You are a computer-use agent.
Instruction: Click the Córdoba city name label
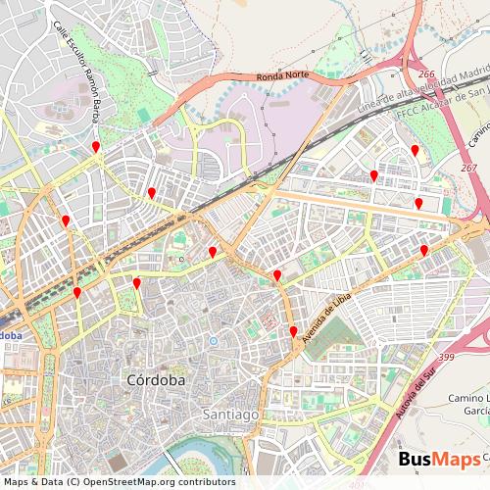(155, 379)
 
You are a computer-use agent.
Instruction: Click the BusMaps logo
(439, 461)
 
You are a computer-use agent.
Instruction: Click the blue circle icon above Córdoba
(213, 341)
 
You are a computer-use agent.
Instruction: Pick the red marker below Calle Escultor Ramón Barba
(96, 147)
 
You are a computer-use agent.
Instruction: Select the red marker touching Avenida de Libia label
(293, 332)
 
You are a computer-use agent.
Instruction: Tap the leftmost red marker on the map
(66, 221)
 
